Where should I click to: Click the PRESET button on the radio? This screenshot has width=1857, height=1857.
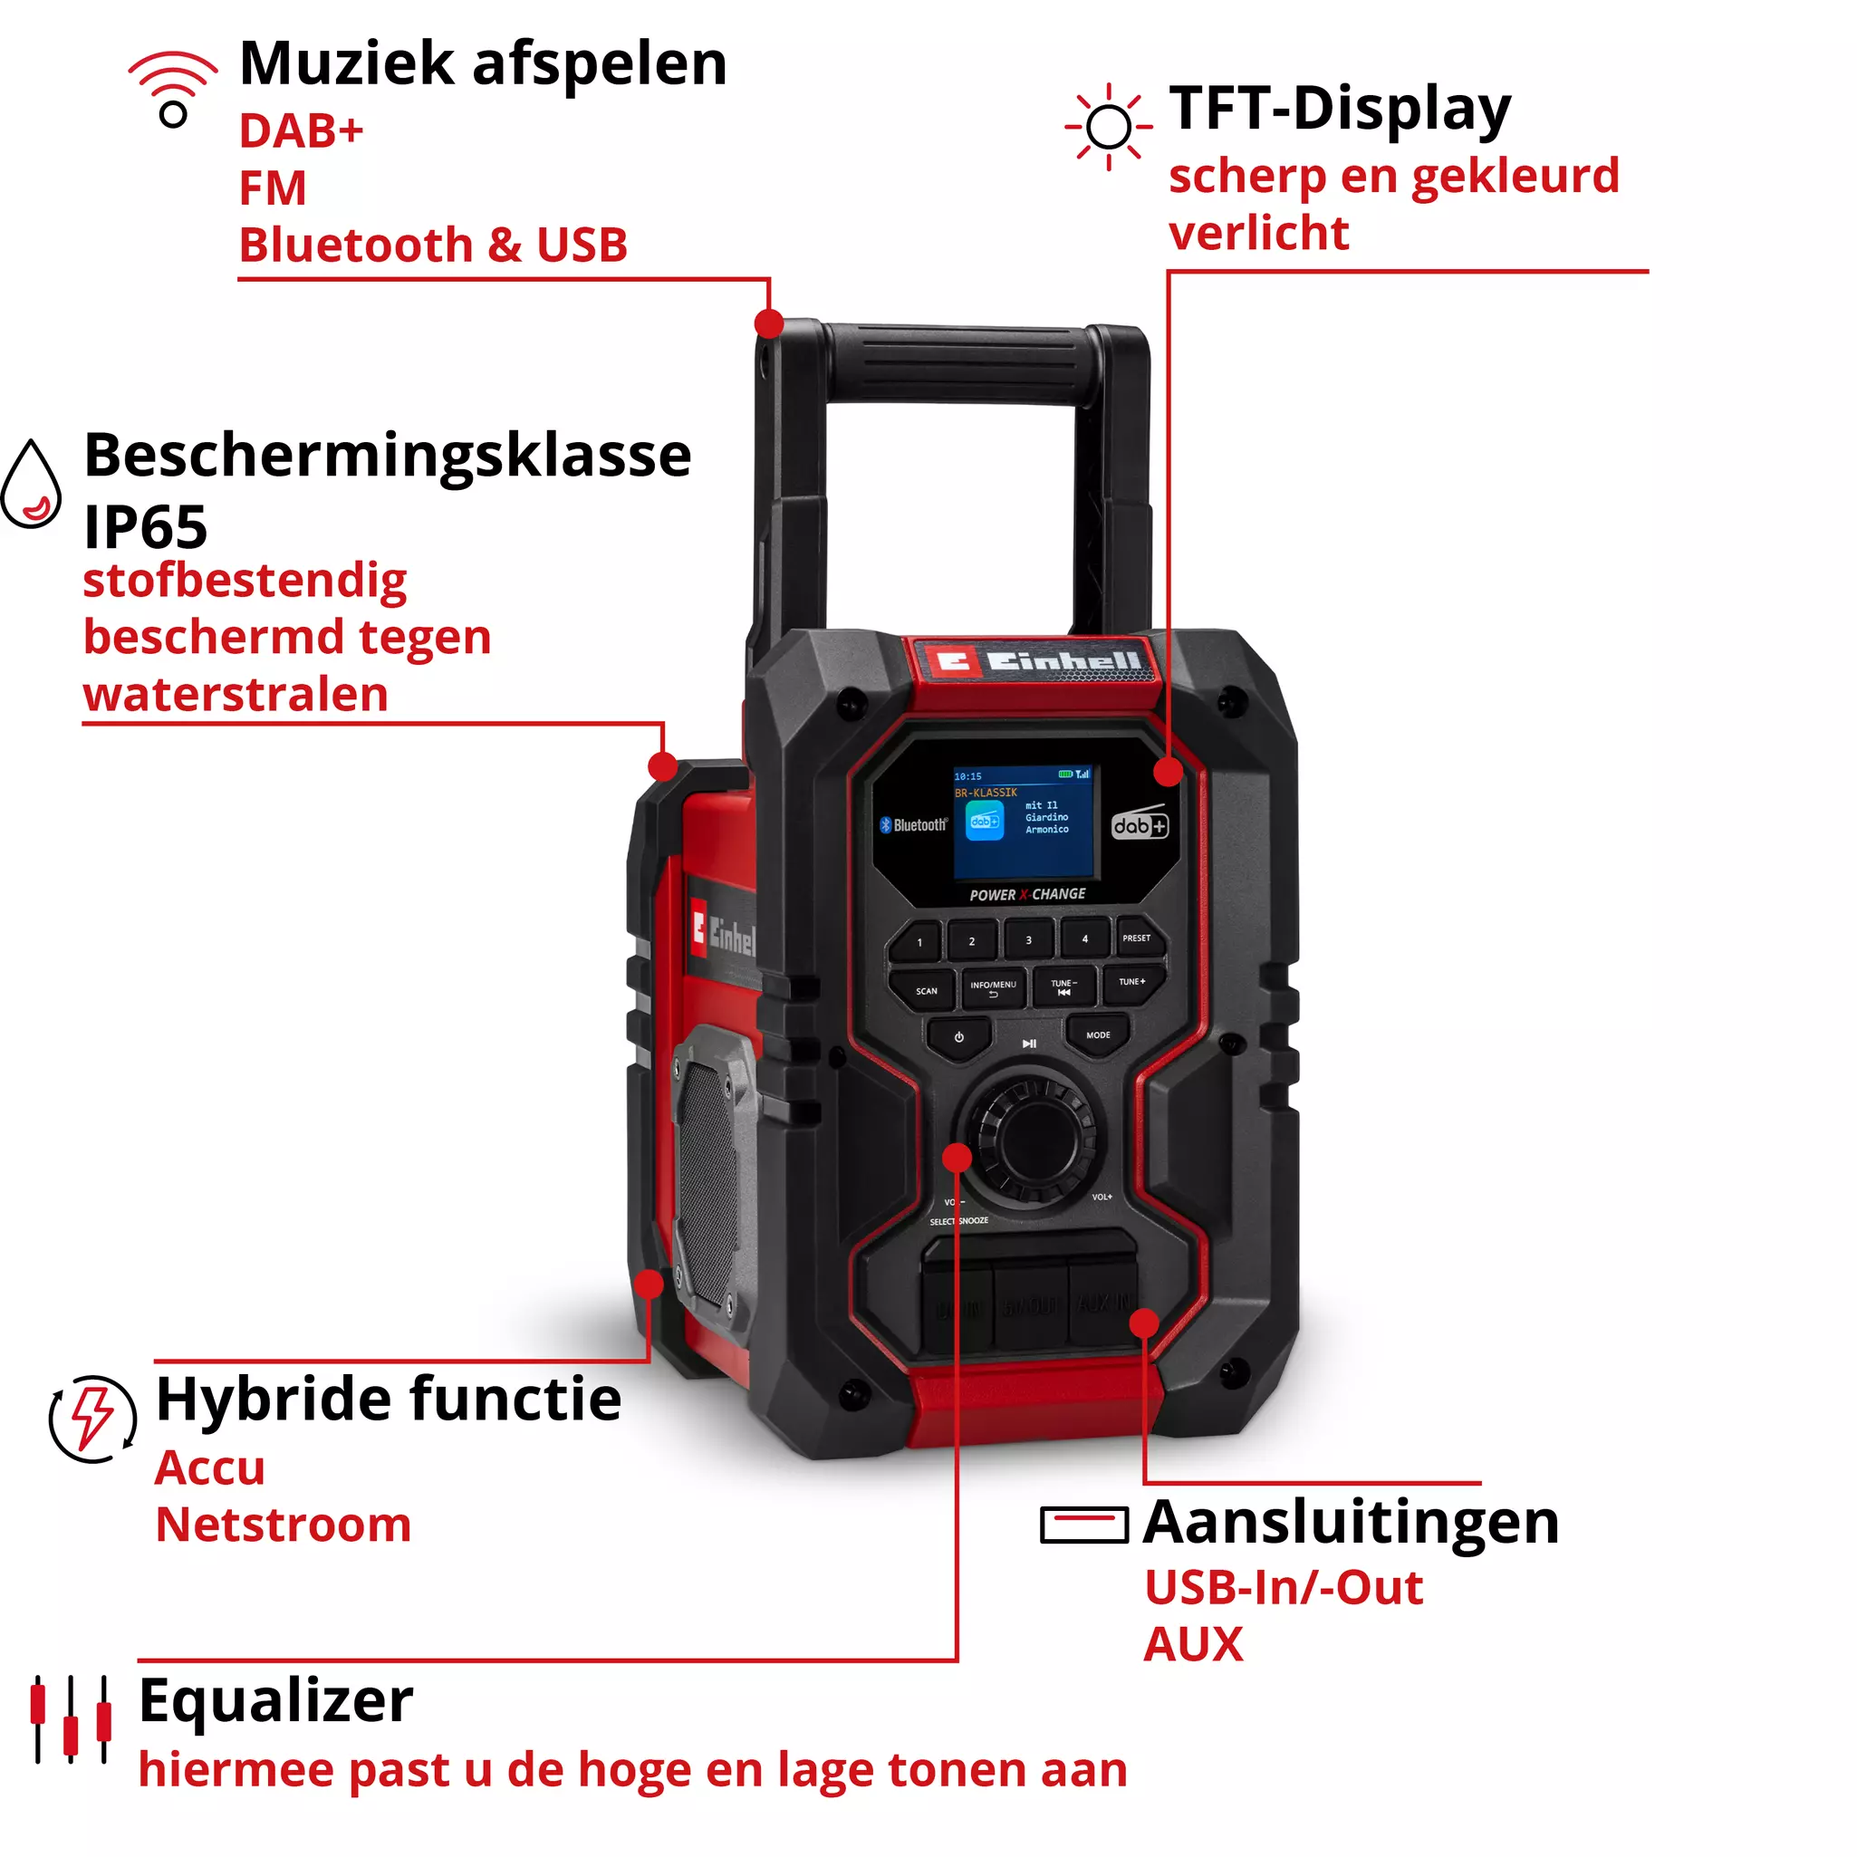(x=1138, y=939)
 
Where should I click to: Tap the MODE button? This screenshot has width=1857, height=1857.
(x=1099, y=1036)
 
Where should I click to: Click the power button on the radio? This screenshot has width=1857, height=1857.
(x=959, y=1038)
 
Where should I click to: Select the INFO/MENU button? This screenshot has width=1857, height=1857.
(x=993, y=987)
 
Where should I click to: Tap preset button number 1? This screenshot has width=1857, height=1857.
(x=919, y=942)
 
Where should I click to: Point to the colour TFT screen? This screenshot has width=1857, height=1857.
(x=1024, y=823)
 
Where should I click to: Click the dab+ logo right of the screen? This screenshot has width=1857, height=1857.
(x=1140, y=824)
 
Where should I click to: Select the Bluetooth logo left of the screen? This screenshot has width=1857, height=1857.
(x=913, y=824)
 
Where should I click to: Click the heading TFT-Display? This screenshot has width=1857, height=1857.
(x=1340, y=109)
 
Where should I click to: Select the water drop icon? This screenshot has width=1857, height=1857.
(x=32, y=485)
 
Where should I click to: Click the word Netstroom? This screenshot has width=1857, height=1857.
(x=284, y=1525)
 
